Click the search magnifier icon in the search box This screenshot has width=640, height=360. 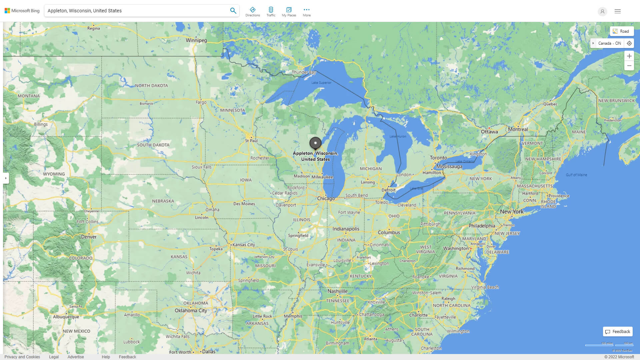pos(233,11)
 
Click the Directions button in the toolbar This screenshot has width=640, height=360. pos(252,12)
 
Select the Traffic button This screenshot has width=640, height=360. pos(271,12)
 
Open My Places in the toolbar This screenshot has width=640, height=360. pos(289,12)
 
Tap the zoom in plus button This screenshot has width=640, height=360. pos(629,56)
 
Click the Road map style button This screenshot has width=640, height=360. pos(621,31)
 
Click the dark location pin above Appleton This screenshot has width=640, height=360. pos(315,143)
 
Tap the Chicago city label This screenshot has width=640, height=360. pos(326,199)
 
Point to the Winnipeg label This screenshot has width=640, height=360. pos(196,40)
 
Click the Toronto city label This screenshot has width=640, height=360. pos(438,158)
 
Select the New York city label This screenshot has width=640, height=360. pos(512,212)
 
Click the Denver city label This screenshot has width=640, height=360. pos(89,237)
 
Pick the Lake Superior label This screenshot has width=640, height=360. pos(321,83)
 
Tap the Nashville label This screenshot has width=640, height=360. pos(337,291)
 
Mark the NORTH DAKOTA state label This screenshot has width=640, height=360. pos(151,86)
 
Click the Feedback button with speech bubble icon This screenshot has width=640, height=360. pos(618,332)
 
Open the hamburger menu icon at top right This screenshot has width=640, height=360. pos(618,11)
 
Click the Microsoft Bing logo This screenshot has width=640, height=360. pos(22,11)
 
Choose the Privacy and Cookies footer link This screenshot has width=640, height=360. pos(22,357)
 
